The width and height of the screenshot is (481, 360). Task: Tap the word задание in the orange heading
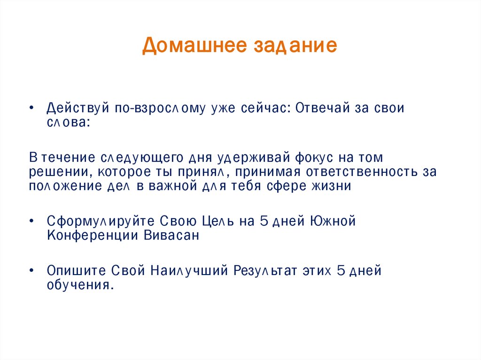click(296, 46)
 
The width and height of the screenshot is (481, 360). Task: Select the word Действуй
click(78, 108)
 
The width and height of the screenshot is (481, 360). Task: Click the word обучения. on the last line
click(80, 285)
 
